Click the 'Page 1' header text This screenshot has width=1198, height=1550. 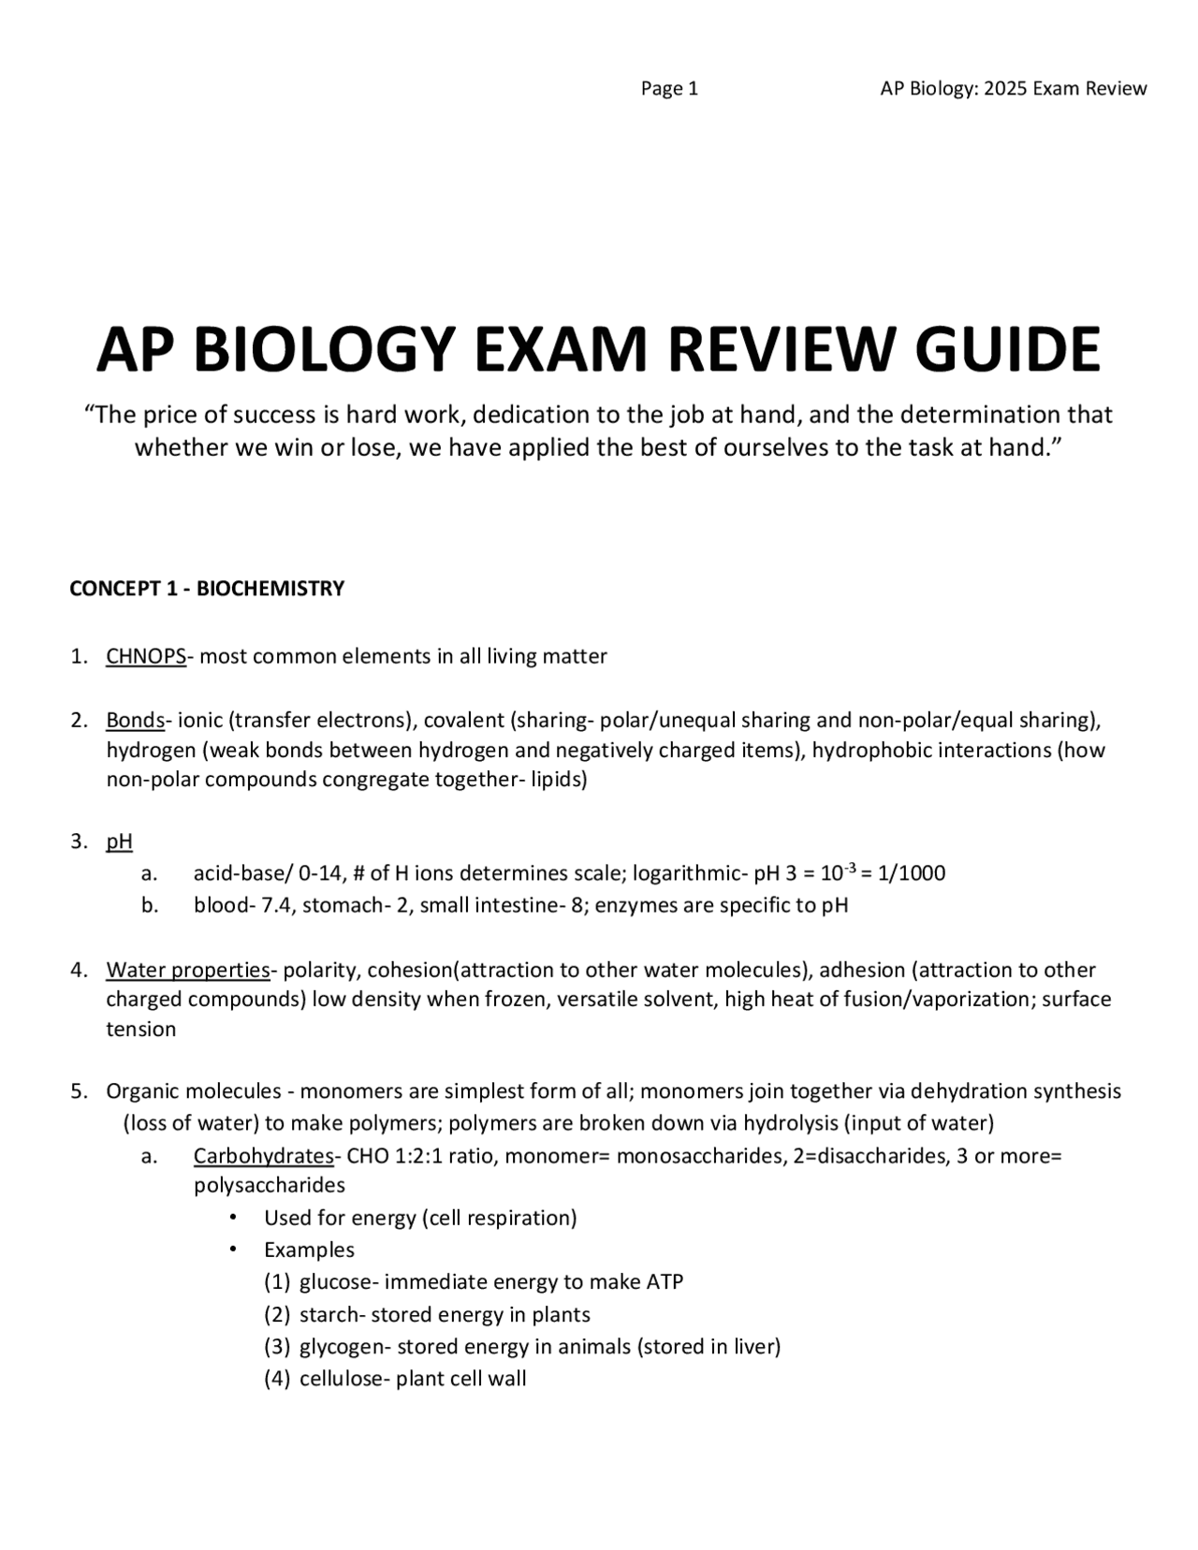click(669, 89)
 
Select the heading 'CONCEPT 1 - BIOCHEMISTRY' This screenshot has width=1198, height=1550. click(207, 589)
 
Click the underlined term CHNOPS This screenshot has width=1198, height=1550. click(146, 656)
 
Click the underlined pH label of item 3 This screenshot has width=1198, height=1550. click(119, 841)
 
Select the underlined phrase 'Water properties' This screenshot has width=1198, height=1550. click(187, 970)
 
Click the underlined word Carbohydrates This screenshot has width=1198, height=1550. click(263, 1156)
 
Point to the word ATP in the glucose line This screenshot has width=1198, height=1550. click(665, 1282)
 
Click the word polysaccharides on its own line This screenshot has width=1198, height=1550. click(270, 1186)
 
